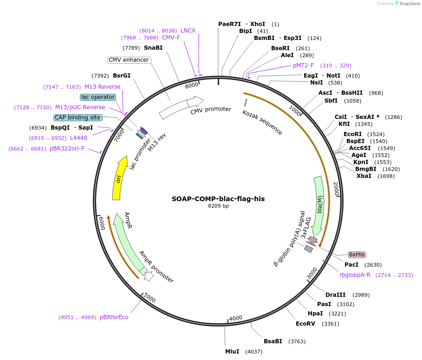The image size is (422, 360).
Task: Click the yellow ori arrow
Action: pos(120,178)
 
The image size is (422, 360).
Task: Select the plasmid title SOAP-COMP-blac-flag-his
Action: pos(218,198)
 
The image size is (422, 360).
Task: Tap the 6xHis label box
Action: pos(357,255)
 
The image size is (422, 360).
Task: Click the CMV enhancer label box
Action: pos(129,60)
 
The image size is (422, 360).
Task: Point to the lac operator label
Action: pos(97,97)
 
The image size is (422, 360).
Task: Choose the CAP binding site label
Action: pos(78,118)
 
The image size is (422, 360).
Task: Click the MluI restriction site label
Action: pos(232,351)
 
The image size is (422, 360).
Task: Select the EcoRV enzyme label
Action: pos(305,324)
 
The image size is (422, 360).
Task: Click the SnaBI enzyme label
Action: pos(153,48)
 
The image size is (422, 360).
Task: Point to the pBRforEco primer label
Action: pos(114,317)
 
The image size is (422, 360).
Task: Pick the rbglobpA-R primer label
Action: pos(355,275)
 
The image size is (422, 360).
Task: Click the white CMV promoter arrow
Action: pos(181,108)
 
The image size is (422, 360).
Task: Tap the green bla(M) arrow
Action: pos(319,205)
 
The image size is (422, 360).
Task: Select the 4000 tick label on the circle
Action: pos(236,318)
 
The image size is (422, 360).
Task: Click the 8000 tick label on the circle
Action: pos(191,85)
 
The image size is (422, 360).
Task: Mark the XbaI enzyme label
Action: pos(364,176)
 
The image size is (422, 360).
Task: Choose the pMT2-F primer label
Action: pos(303,65)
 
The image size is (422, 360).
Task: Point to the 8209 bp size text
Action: pos(218,206)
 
